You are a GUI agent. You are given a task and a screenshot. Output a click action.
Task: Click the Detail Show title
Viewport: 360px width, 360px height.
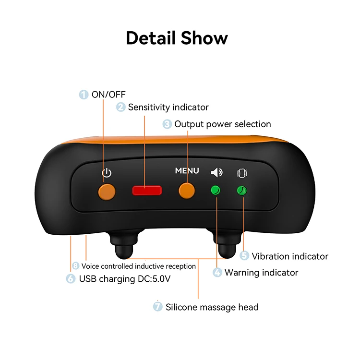[x=177, y=38]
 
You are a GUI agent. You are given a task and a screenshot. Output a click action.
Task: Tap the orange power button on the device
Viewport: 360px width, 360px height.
[x=107, y=191]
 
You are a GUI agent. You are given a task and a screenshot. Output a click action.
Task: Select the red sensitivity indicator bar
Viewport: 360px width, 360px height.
[x=147, y=191]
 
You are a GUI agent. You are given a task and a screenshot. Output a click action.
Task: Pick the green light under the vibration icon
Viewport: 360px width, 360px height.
[x=243, y=191]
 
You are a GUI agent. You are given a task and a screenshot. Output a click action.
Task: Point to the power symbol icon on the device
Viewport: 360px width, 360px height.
[x=107, y=173]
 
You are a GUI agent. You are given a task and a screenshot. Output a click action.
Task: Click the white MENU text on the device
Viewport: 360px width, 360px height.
[x=187, y=171]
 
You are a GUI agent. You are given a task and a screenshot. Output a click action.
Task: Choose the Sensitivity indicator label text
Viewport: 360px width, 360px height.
[x=168, y=107]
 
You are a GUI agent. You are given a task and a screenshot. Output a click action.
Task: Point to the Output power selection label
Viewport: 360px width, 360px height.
[x=222, y=124]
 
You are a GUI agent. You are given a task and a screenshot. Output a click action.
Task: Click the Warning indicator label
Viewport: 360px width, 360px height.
[x=261, y=273]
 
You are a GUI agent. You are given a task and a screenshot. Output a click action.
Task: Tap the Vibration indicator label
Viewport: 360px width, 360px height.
[x=290, y=256]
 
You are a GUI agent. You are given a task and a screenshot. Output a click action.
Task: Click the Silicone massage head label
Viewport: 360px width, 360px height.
[x=212, y=307]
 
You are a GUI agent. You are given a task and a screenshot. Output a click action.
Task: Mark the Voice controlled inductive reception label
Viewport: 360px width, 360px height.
[x=138, y=266]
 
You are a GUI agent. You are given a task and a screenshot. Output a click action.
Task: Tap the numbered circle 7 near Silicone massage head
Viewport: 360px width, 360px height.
[x=158, y=307]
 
